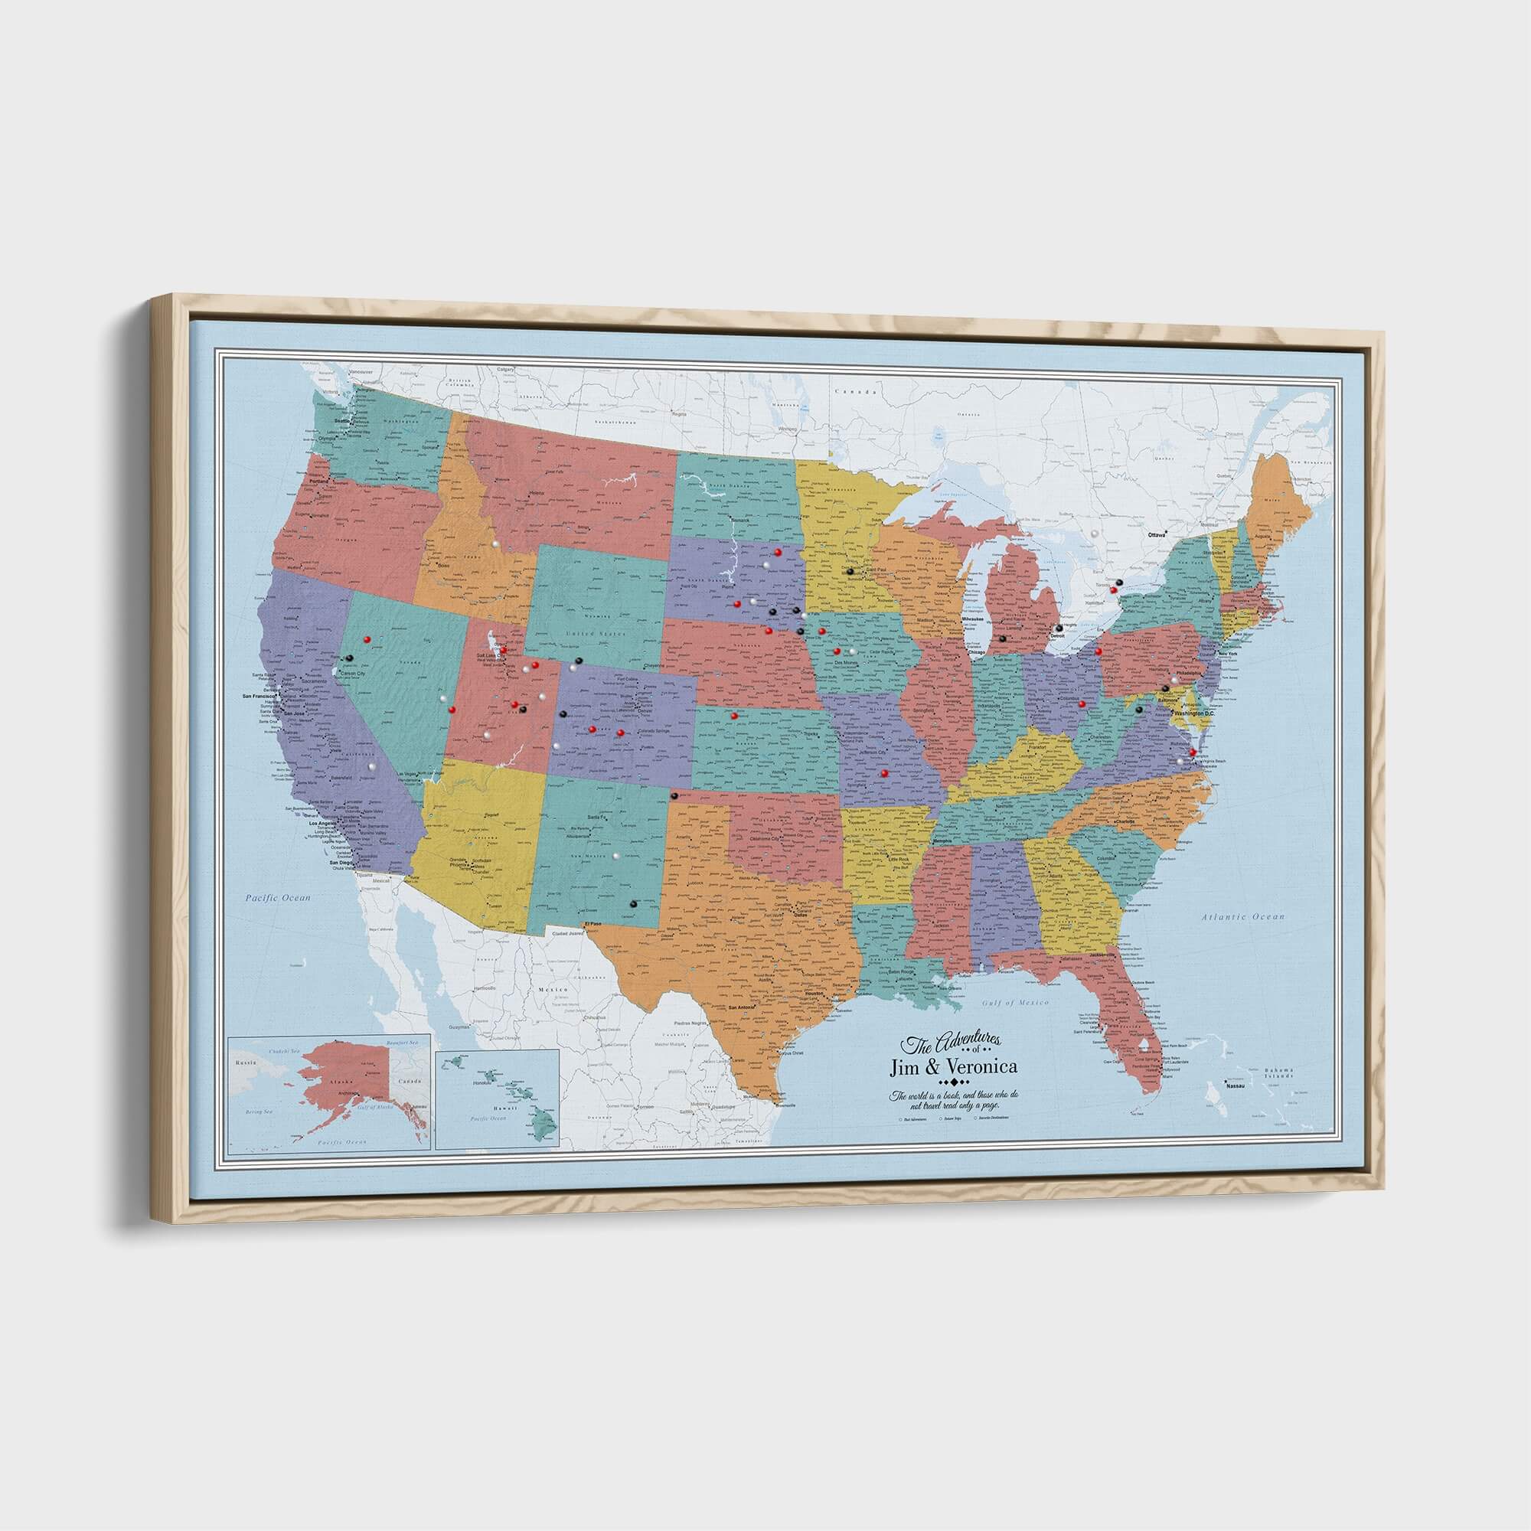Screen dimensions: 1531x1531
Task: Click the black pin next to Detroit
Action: coord(1059,628)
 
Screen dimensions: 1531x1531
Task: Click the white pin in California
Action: coord(370,767)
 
